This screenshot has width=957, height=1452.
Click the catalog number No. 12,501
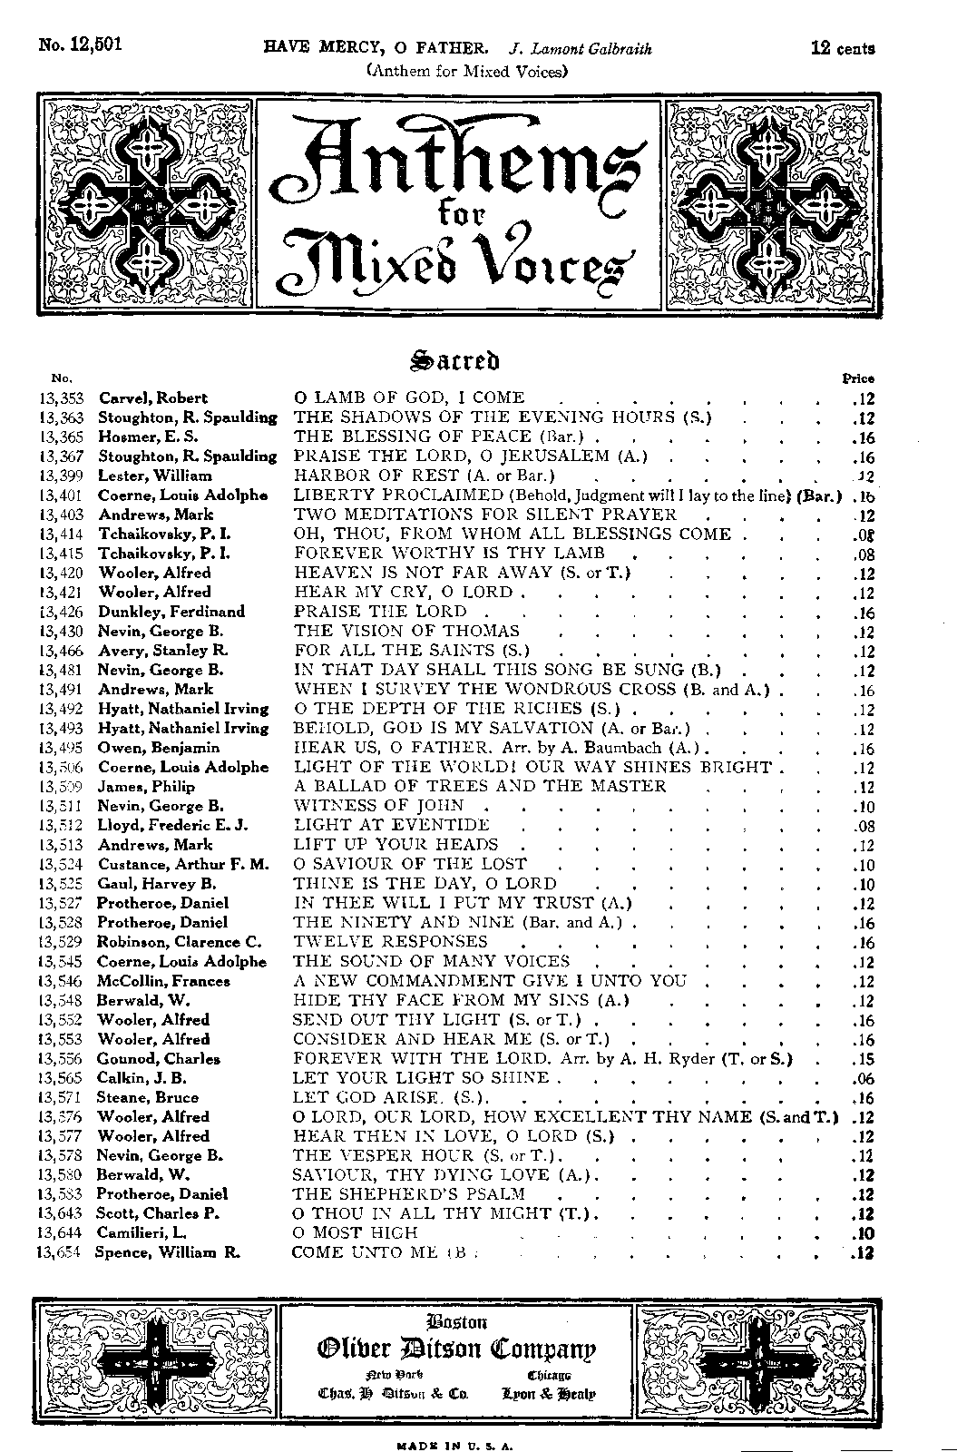tap(81, 46)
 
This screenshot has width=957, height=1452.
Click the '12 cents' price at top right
tap(843, 48)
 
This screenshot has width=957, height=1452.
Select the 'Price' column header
tap(858, 378)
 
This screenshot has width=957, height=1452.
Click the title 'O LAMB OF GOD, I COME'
tap(409, 397)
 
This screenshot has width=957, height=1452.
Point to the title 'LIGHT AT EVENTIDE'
tap(391, 825)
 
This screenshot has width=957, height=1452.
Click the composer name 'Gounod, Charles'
tap(159, 1059)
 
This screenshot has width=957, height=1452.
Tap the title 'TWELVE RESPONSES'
tap(390, 942)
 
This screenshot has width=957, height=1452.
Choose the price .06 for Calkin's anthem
tap(863, 1078)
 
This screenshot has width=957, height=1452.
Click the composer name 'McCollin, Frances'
tap(164, 981)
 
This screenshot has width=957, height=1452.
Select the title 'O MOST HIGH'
tap(355, 1233)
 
